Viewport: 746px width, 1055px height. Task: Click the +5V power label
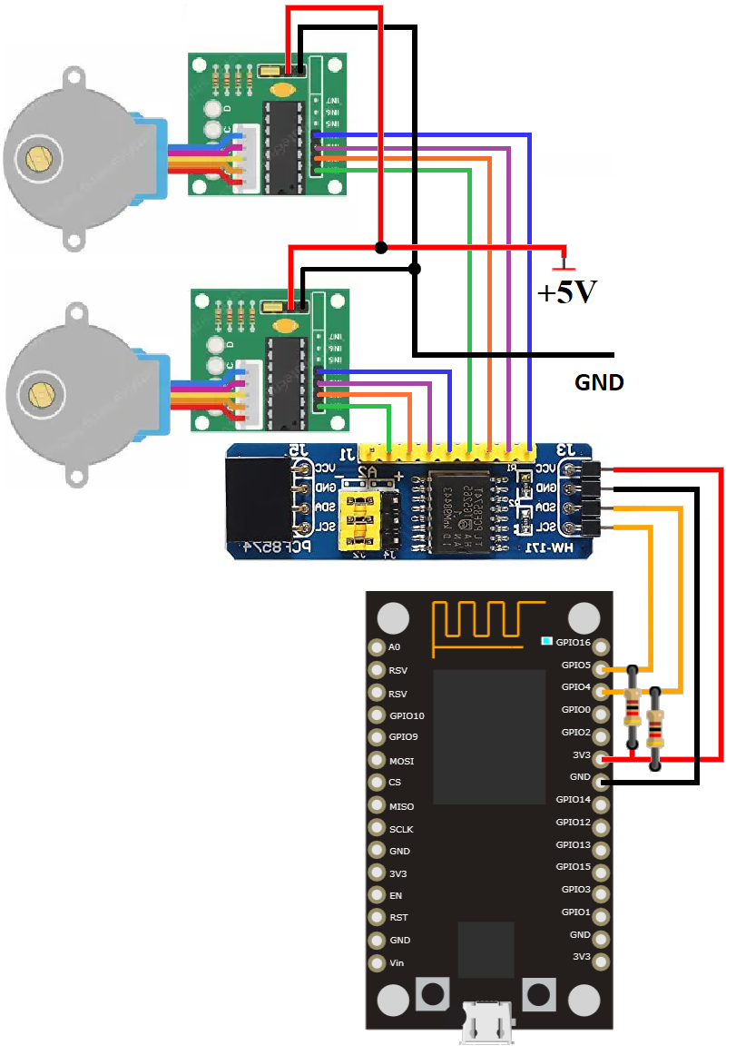click(x=566, y=292)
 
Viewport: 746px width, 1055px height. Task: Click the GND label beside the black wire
click(x=599, y=382)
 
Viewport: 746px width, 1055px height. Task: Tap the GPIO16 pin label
click(x=573, y=643)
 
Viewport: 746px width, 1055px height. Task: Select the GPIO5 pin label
click(x=575, y=666)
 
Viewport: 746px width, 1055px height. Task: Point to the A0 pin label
click(x=394, y=647)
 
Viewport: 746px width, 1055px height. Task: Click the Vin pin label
click(x=397, y=962)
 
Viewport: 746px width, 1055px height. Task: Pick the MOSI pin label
click(x=401, y=761)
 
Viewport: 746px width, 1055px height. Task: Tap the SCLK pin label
click(x=401, y=829)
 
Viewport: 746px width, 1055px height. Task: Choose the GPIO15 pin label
click(x=573, y=867)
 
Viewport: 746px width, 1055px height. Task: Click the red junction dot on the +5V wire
click(x=381, y=247)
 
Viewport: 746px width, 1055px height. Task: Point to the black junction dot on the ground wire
click(x=415, y=269)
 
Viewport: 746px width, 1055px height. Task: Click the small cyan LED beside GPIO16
click(x=545, y=641)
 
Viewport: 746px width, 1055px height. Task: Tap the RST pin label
click(x=398, y=918)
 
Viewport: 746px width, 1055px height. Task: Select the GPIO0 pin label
click(x=575, y=710)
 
